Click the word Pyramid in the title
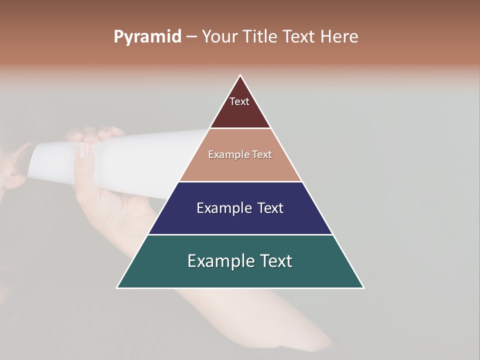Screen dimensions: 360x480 pyautogui.click(x=147, y=37)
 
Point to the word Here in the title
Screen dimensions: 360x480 pyautogui.click(x=339, y=37)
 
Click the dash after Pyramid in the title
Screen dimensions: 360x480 pyautogui.click(x=191, y=37)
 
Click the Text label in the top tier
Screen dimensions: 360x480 pyautogui.click(x=239, y=101)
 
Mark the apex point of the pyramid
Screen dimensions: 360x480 pyautogui.click(x=240, y=75)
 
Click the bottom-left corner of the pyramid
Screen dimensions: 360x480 pyautogui.click(x=117, y=287)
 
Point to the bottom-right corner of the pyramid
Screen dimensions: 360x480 pyautogui.click(x=363, y=287)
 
